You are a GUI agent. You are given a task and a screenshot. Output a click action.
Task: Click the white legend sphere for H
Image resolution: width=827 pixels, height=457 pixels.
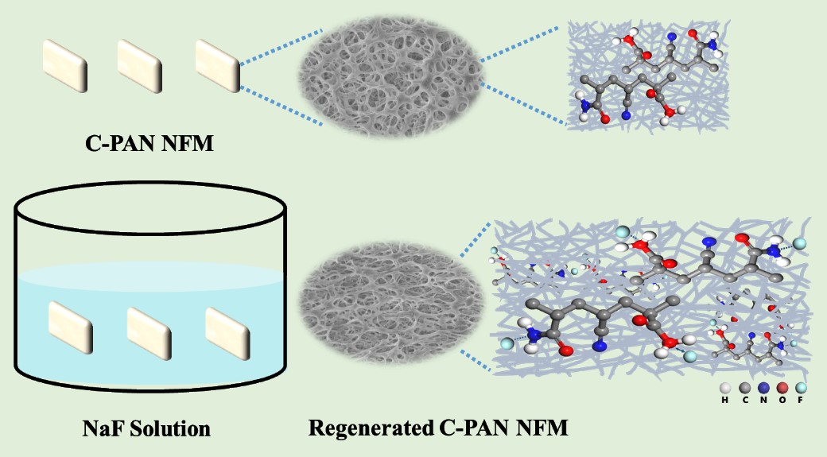pyautogui.click(x=724, y=388)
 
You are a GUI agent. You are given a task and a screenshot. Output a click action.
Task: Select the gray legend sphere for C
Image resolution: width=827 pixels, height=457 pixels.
pyautogui.click(x=744, y=388)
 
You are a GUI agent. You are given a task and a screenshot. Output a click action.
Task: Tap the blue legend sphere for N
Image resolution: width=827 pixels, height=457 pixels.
pyautogui.click(x=763, y=388)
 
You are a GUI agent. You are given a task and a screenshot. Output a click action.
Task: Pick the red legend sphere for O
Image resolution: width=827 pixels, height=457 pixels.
pyautogui.click(x=782, y=388)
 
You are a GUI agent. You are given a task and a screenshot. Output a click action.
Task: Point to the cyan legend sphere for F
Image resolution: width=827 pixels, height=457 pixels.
pyautogui.click(x=802, y=388)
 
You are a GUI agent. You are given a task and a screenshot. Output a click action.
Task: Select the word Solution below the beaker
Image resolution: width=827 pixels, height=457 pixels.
pyautogui.click(x=172, y=430)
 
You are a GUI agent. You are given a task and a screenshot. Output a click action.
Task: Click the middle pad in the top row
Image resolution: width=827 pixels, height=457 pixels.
pyautogui.click(x=141, y=61)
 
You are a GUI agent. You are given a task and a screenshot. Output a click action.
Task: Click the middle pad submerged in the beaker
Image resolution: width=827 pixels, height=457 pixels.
pyautogui.click(x=149, y=328)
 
